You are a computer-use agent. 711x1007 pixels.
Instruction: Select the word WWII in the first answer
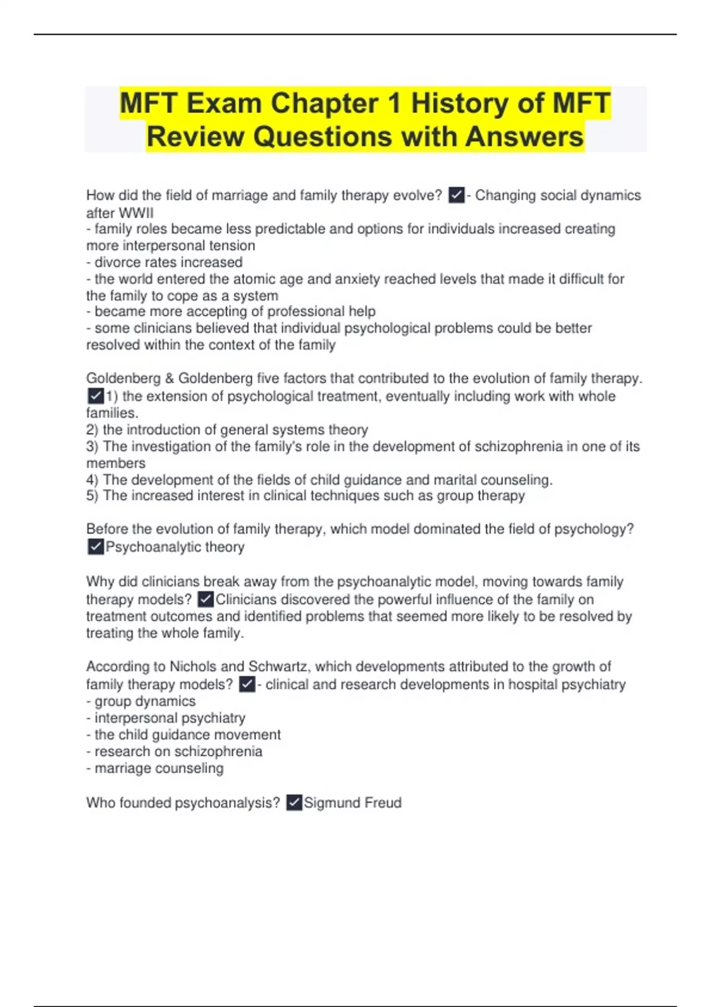click(136, 213)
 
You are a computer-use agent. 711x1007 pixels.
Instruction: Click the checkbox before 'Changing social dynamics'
click(456, 195)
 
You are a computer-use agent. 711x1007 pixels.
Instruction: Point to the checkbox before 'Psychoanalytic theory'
click(95, 547)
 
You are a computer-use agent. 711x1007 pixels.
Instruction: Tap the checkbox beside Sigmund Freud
click(294, 803)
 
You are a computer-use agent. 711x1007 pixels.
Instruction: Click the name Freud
click(383, 803)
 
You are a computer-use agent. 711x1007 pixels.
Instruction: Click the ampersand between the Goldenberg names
click(169, 379)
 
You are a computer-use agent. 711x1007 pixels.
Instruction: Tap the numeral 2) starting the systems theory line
click(92, 429)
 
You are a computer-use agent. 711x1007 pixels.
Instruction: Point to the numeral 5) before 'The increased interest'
click(92, 496)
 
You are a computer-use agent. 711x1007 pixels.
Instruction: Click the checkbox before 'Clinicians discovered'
click(205, 599)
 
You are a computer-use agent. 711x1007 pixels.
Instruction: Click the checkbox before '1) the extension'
click(95, 396)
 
